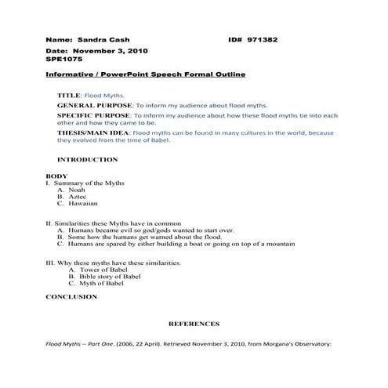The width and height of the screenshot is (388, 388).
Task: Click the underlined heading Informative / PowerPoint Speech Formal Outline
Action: [x=145, y=74]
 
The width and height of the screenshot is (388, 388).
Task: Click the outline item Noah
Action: [x=77, y=190]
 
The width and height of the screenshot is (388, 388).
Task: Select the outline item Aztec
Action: [x=78, y=197]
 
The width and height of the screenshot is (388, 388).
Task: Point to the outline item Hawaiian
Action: [x=83, y=204]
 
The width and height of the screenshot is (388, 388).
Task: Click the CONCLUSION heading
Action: [x=71, y=297]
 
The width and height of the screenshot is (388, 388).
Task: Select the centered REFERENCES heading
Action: [x=194, y=324]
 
